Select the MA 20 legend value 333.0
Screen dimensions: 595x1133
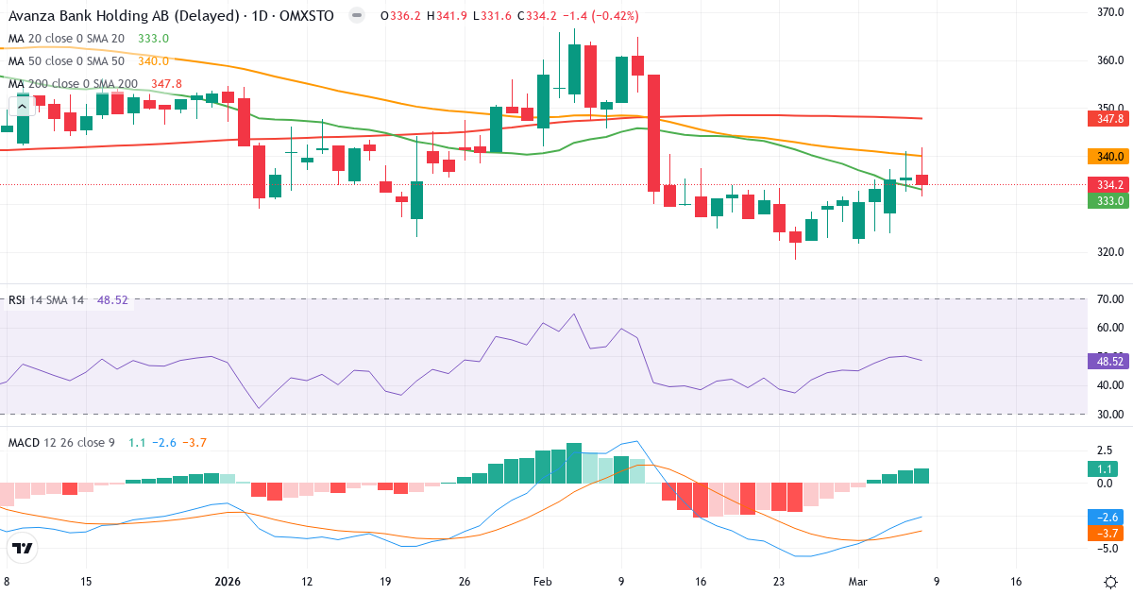[153, 38]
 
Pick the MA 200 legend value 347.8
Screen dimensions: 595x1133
[166, 83]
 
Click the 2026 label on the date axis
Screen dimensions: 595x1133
[228, 582]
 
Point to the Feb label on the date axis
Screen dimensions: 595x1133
[543, 582]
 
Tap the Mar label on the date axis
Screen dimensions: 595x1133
[857, 582]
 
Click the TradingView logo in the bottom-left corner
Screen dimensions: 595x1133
[23, 548]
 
